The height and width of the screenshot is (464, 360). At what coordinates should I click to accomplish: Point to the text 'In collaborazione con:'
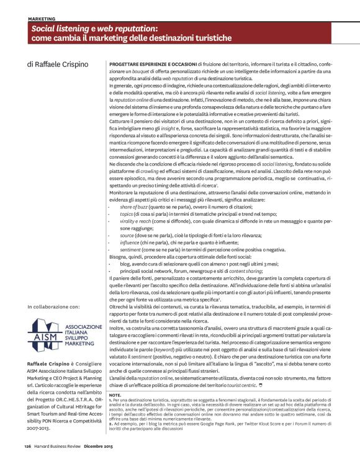pos(54,307)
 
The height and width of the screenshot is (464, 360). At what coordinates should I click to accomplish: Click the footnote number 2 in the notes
pos(110,442)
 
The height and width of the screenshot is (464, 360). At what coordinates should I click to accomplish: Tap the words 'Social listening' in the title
pos(61,29)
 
